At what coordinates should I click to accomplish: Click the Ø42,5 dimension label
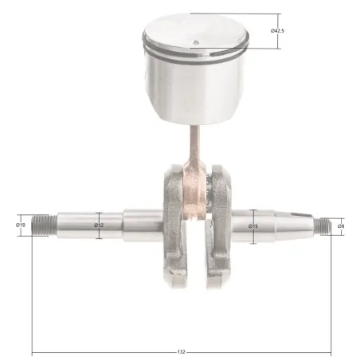click(277, 31)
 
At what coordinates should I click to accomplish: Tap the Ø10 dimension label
click(21, 225)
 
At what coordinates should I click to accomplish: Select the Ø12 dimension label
click(99, 225)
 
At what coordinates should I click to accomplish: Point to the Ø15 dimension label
click(253, 226)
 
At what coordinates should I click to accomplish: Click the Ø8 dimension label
click(341, 226)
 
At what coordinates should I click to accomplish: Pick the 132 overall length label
click(181, 352)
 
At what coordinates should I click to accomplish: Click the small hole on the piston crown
click(196, 42)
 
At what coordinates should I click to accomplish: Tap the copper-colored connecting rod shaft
click(195, 143)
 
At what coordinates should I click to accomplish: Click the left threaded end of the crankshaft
click(44, 225)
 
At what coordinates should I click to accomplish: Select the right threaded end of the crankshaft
click(322, 226)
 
